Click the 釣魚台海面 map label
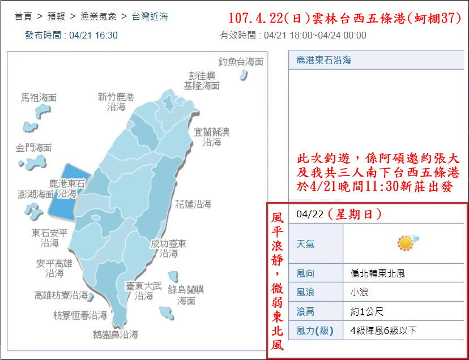pyautogui.click(x=241, y=62)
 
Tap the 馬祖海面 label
pyautogui.click(x=39, y=98)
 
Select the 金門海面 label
pyautogui.click(x=33, y=148)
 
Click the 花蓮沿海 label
pyautogui.click(x=193, y=204)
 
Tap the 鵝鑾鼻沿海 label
pyautogui.click(x=116, y=335)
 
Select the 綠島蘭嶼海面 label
pyautogui.click(x=185, y=295)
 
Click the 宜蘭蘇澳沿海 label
pyautogui.click(x=212, y=137)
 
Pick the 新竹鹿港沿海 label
pyautogui.click(x=116, y=102)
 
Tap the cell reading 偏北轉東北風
pyautogui.click(x=378, y=273)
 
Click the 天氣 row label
pyautogui.click(x=306, y=244)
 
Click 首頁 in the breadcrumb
pyautogui.click(x=24, y=16)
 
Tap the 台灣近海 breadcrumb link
pyautogui.click(x=150, y=16)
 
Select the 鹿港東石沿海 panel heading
pyautogui.click(x=324, y=59)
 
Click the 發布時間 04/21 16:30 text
pyautogui.click(x=71, y=35)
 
